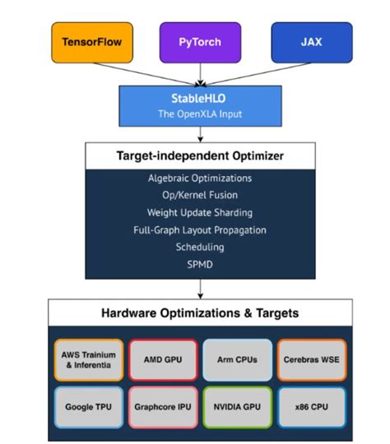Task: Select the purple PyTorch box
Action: tap(200, 42)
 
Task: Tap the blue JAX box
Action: tap(310, 42)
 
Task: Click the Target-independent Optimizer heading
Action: tap(200, 155)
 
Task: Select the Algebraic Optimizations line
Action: tap(200, 178)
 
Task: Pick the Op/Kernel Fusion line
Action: tap(200, 195)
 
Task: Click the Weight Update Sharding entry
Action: tap(200, 212)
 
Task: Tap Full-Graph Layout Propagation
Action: tap(200, 229)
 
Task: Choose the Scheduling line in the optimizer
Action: tap(200, 247)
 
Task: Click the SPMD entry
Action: tap(200, 264)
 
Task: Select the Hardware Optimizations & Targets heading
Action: tap(200, 313)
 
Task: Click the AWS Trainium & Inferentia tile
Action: tap(88, 360)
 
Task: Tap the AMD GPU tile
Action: tap(163, 360)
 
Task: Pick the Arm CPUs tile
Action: tap(237, 360)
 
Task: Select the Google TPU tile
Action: tap(88, 406)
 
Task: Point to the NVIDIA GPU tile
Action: tap(237, 406)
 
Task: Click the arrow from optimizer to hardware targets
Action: tap(200, 289)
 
